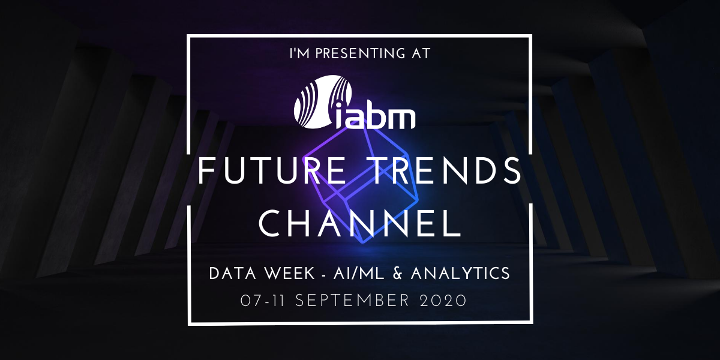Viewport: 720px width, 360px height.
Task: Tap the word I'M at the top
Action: point(299,53)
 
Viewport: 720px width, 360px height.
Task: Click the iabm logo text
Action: point(374,116)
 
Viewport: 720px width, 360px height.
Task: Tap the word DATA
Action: point(233,274)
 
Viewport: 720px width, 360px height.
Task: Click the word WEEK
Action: point(289,274)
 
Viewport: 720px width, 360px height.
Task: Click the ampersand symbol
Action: point(398,274)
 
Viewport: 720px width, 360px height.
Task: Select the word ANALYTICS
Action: point(460,274)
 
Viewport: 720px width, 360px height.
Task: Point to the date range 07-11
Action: point(263,301)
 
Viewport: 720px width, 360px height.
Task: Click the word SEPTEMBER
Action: point(352,301)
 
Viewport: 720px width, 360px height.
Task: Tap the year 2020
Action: point(443,301)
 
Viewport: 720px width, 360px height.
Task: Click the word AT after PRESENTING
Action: point(421,53)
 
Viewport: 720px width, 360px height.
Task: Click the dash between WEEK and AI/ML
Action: point(324,275)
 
